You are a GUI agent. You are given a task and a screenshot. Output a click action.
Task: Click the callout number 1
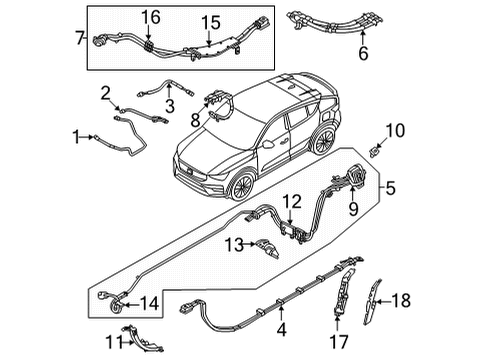[x=76, y=135]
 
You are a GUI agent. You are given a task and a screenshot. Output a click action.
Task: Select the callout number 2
[x=104, y=93]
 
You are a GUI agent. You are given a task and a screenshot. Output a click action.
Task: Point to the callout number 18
[x=429, y=299]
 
